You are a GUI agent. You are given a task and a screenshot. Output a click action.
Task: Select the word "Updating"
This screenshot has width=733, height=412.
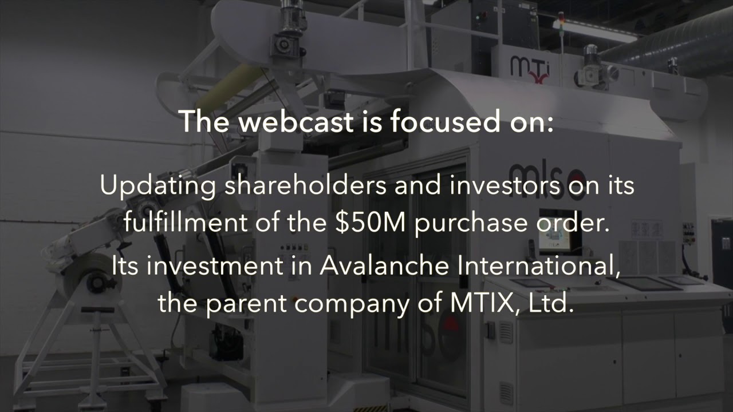tap(158, 186)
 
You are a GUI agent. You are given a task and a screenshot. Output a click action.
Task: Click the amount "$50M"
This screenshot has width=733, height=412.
tap(371, 222)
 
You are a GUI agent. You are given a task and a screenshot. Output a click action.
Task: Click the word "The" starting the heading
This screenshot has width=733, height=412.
tap(205, 122)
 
